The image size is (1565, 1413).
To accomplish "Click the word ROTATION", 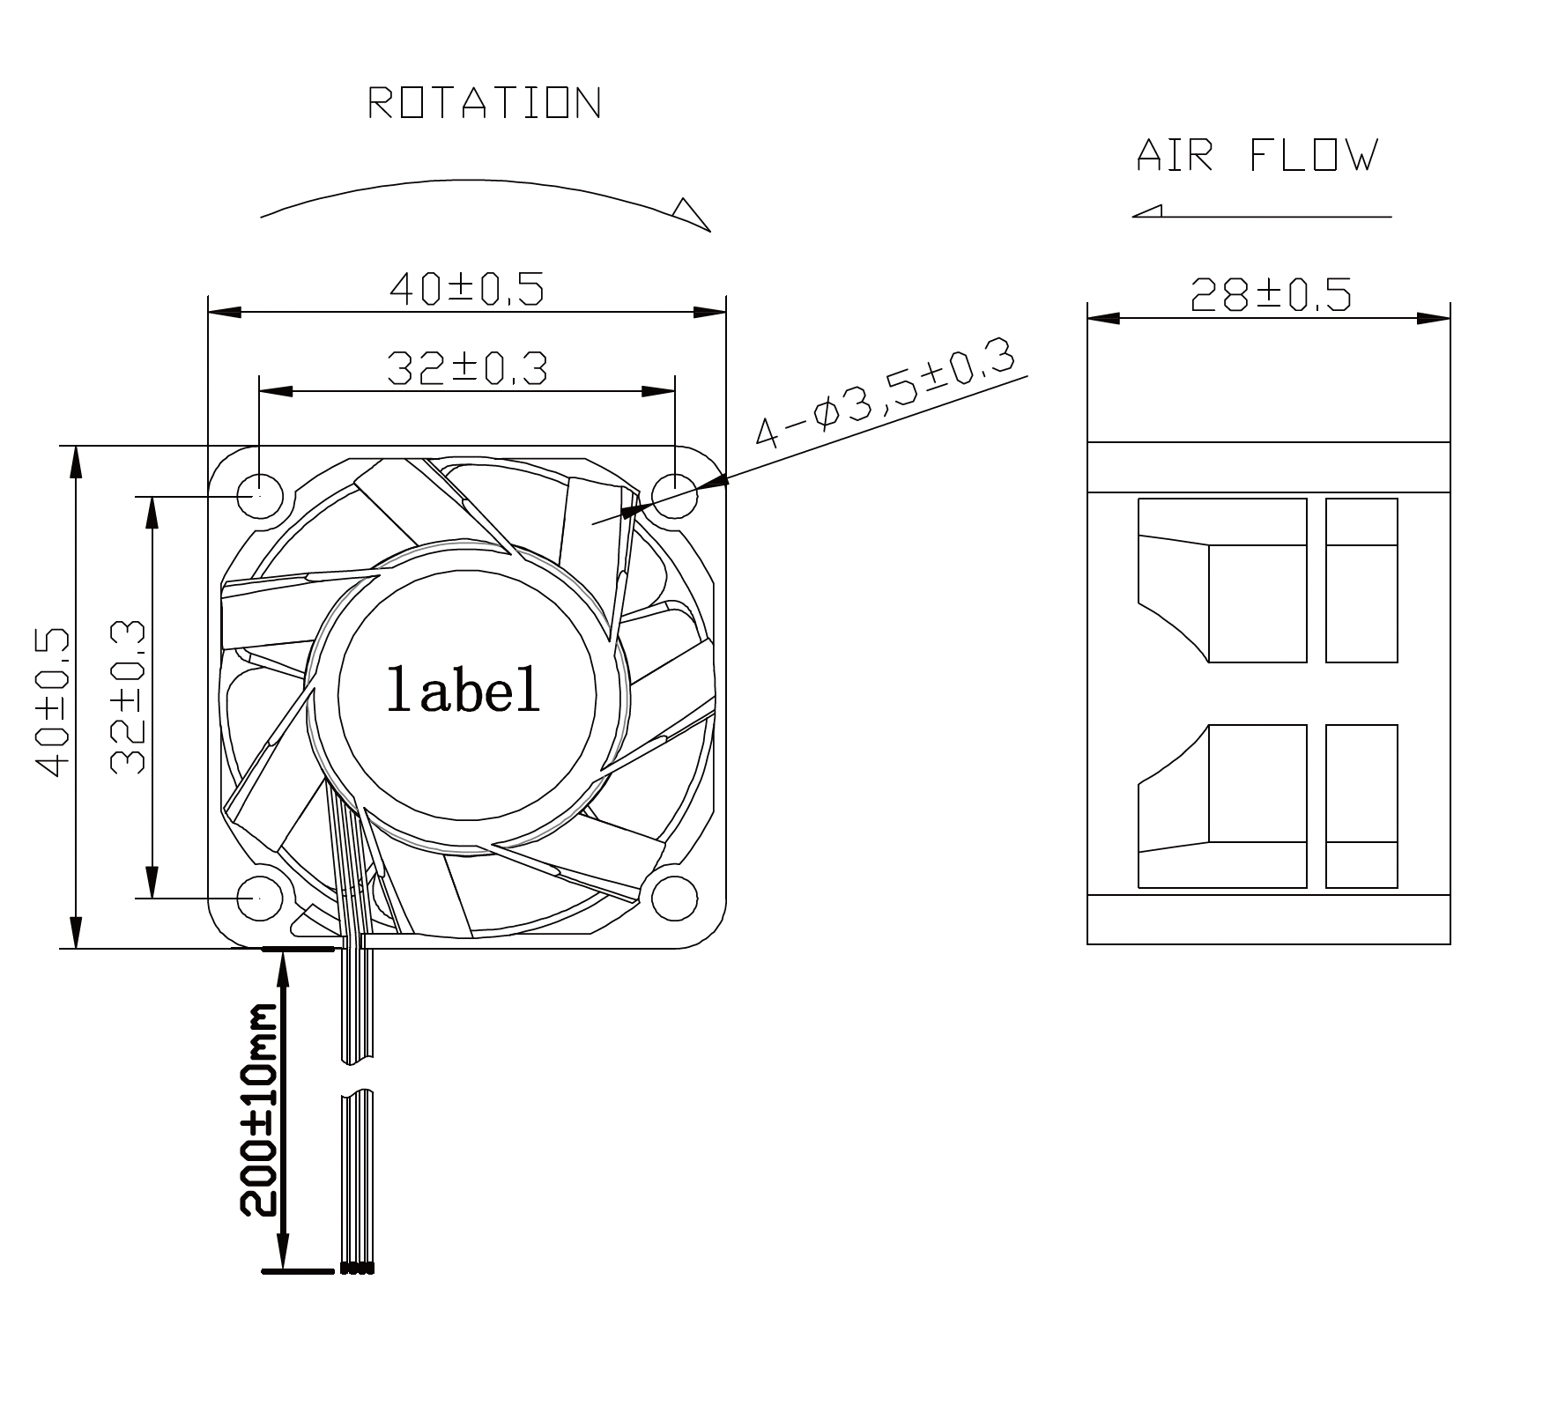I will coord(484,103).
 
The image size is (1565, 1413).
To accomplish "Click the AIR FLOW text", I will coord(1257,156).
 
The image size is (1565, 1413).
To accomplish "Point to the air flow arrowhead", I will coord(1147,211).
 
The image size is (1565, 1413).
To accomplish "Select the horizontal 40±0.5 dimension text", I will coord(466,289).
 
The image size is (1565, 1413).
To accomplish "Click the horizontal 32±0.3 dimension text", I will coord(467,369).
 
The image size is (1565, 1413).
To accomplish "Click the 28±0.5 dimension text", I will coord(1270,295).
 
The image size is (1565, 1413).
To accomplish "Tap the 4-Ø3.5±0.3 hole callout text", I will coord(884,395).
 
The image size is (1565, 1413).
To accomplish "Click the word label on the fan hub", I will coord(464,690).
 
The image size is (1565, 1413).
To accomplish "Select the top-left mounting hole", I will coord(259,496).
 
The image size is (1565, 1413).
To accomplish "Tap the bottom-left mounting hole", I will coord(259,898).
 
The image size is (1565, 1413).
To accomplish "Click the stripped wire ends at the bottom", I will coord(356,1269).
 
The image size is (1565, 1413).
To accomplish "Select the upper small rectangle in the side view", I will coord(1361,580).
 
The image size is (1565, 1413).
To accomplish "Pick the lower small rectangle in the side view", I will coord(1361,805).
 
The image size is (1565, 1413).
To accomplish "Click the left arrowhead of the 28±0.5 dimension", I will coord(1103,318).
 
